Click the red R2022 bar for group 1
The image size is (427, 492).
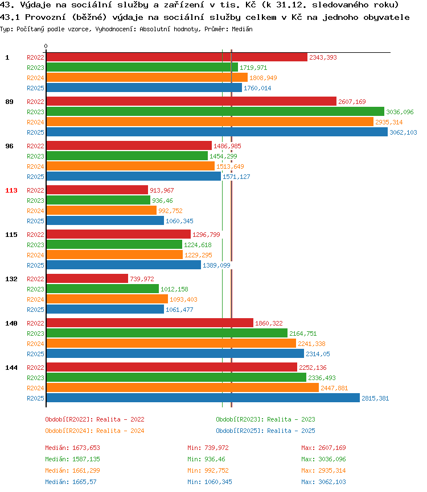tap(176, 57)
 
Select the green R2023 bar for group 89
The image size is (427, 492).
tap(215, 111)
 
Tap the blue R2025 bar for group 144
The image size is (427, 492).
tap(203, 398)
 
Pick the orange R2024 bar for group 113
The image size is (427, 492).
tap(101, 210)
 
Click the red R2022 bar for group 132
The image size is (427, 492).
tap(88, 278)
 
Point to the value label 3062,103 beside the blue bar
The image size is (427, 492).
tap(403, 132)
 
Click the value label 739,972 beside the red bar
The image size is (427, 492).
tap(142, 279)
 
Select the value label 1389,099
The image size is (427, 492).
tap(216, 265)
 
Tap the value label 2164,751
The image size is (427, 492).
tap(303, 333)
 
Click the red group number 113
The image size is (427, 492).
tap(11, 190)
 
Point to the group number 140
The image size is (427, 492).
tap(11, 323)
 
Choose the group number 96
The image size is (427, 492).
tap(10, 146)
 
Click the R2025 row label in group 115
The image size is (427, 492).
tap(35, 265)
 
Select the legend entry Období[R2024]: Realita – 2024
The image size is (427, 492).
tap(95, 431)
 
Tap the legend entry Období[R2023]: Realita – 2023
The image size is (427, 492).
tap(265, 419)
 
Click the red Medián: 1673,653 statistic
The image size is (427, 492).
tap(72, 448)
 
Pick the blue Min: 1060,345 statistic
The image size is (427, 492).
tap(210, 482)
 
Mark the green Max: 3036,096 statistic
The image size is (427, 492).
tap(323, 459)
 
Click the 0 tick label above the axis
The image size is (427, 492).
tap(46, 47)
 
